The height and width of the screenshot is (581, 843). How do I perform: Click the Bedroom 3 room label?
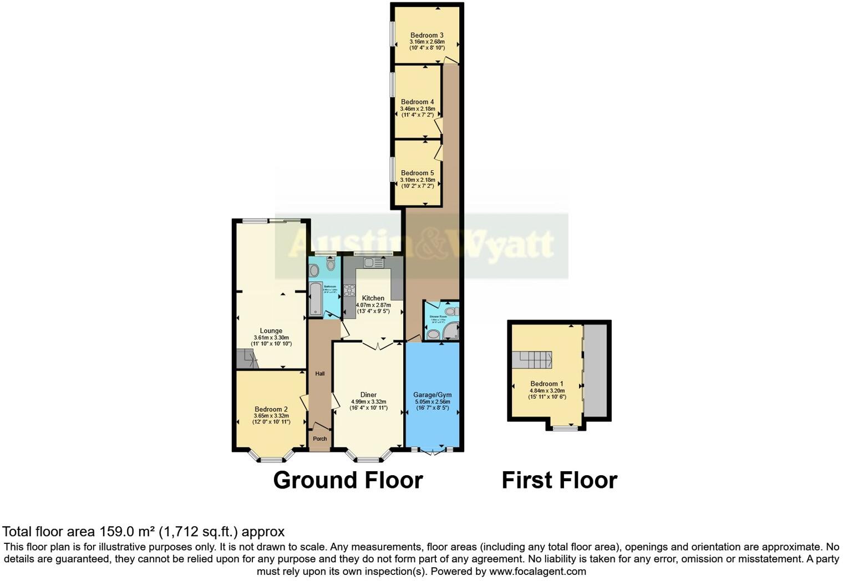[426, 35]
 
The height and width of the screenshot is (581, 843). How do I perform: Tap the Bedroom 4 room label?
[417, 102]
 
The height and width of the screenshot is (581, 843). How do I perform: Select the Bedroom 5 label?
[417, 173]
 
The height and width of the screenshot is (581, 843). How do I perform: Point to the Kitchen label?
[373, 298]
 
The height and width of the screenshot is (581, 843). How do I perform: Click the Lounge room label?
[271, 331]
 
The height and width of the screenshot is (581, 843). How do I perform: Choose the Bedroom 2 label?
[271, 409]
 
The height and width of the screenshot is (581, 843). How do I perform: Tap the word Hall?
[320, 374]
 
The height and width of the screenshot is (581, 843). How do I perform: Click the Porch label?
[320, 439]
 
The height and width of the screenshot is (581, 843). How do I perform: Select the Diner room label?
[368, 395]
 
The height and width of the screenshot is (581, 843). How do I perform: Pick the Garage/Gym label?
[433, 395]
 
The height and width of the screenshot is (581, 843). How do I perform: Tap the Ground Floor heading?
[348, 480]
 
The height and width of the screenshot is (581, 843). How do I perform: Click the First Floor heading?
[559, 480]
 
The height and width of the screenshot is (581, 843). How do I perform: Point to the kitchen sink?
[370, 261]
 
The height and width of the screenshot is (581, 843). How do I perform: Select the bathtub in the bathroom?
[315, 299]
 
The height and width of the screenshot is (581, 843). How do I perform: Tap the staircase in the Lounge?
[247, 359]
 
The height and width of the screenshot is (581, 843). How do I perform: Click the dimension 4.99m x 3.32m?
[368, 402]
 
